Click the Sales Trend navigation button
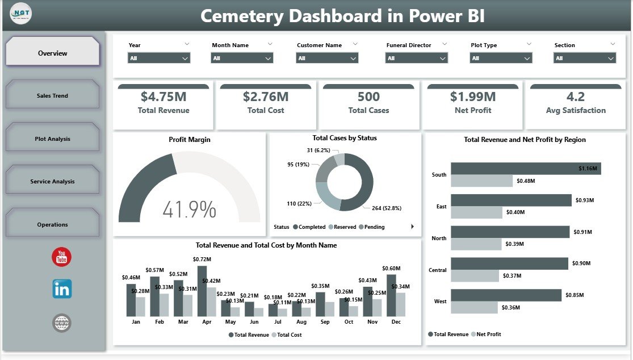coord(52,95)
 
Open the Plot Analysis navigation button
coord(52,139)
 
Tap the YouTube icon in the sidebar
coord(61,257)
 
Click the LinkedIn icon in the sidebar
coord(61,289)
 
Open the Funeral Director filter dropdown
coord(417,58)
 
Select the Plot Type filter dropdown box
coord(501,58)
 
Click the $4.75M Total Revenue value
coord(164,97)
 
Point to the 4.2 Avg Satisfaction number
coord(575,97)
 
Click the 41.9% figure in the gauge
coord(189,210)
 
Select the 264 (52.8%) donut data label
coord(387,208)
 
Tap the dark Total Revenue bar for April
coord(202,291)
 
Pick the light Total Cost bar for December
coord(401,304)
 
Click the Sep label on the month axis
coord(325,322)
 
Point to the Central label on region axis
coord(438,270)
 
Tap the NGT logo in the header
coord(21,14)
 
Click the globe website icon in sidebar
coord(61,323)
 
